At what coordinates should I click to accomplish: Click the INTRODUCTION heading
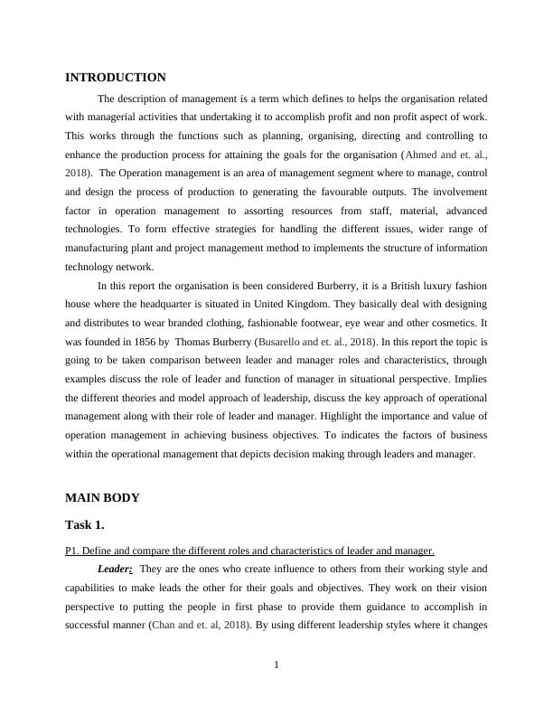tap(116, 78)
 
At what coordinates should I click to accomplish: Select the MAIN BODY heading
tap(102, 498)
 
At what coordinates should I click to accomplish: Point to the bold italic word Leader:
tap(116, 569)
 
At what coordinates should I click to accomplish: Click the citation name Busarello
tap(283, 342)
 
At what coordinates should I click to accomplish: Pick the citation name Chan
tap(164, 624)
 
